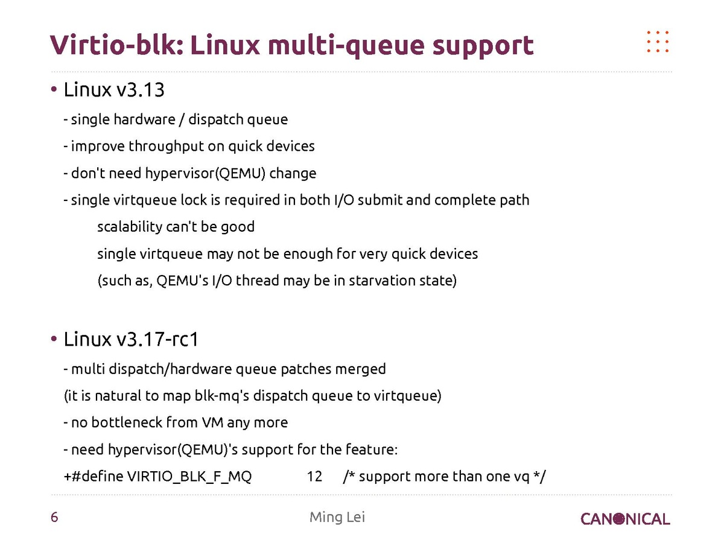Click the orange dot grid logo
click(x=658, y=41)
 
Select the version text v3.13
click(x=141, y=91)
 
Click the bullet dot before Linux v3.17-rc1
click(x=54, y=338)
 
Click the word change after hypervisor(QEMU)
click(x=293, y=173)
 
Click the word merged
click(x=360, y=368)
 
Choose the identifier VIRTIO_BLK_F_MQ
click(x=189, y=477)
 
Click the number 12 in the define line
click(x=314, y=477)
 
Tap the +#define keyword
click(x=94, y=477)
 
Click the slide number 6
click(x=54, y=518)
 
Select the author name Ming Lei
click(x=337, y=517)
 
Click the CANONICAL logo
click(x=625, y=519)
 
